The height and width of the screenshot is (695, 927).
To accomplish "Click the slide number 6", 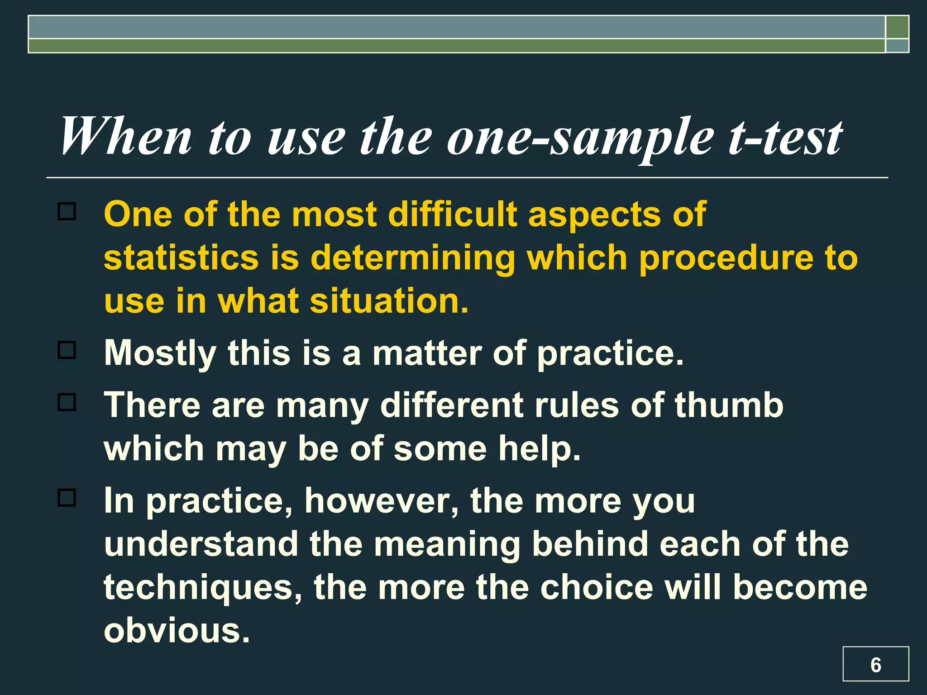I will click(x=875, y=665).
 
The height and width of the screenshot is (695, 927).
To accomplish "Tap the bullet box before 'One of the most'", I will click(x=67, y=211).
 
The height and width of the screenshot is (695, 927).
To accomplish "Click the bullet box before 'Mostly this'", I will click(x=67, y=350).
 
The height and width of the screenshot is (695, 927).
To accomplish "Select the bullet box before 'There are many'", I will click(x=67, y=402).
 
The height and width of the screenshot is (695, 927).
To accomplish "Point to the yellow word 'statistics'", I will click(x=182, y=257).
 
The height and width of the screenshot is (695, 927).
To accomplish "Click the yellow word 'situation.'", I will click(x=389, y=301).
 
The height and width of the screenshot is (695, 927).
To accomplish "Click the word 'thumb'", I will click(x=729, y=405).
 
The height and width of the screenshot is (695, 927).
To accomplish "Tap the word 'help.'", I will click(x=540, y=449).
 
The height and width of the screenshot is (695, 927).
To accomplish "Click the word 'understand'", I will click(x=201, y=544).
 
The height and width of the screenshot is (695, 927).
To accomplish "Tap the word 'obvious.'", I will click(x=177, y=630).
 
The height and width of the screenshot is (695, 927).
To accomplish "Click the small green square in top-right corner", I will click(x=897, y=27).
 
